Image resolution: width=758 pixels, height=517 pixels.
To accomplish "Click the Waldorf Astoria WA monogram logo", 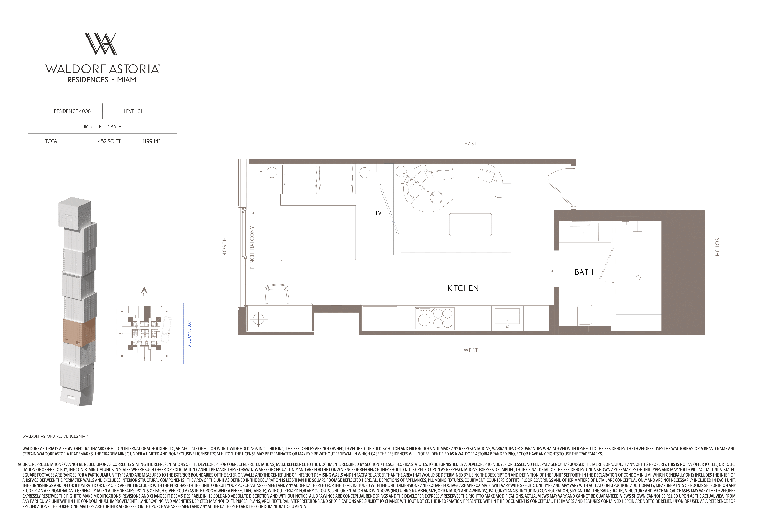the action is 101,44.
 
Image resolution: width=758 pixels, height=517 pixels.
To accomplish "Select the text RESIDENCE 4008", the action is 72,111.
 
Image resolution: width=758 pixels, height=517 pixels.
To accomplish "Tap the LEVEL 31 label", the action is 133,111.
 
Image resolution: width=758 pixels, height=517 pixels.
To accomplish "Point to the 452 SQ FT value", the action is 109,141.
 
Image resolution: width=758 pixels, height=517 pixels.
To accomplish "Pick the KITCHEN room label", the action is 463,288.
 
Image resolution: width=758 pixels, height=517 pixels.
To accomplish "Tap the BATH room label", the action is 584,272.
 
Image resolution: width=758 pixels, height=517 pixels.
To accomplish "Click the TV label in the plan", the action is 378,213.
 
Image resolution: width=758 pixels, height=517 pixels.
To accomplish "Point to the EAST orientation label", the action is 471,144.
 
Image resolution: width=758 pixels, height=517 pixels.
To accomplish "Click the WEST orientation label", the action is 471,350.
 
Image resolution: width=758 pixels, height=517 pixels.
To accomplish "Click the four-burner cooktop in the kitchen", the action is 435,318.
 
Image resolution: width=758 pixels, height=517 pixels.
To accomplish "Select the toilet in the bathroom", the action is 585,315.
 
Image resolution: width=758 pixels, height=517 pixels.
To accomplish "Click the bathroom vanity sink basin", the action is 584,232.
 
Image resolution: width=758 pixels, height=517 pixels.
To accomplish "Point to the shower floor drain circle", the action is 638,278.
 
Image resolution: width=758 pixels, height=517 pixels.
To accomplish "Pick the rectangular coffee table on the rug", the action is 470,224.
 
